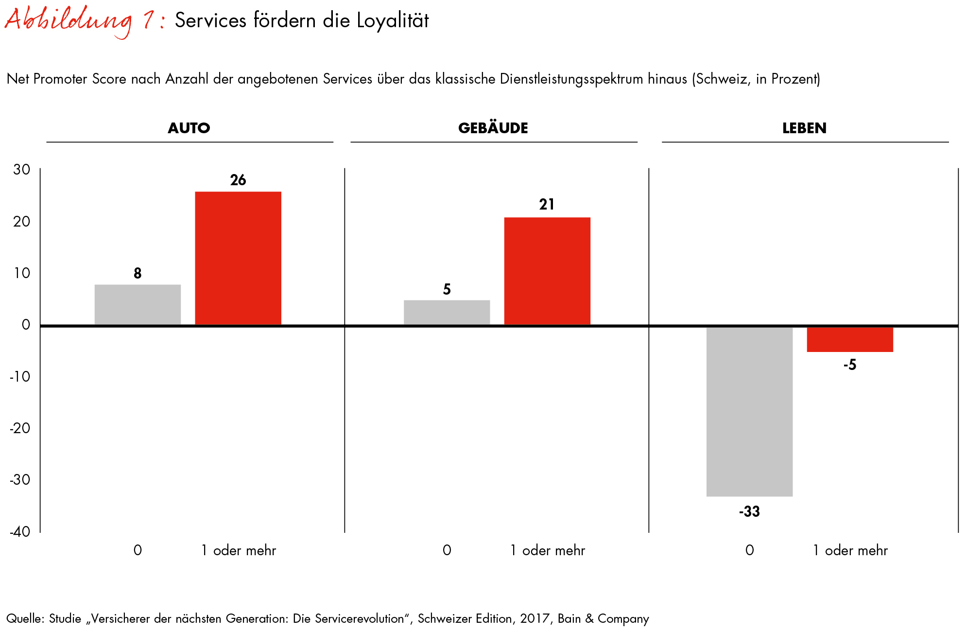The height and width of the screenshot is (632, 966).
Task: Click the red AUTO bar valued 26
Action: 238,258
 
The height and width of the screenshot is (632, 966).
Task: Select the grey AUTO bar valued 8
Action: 138,304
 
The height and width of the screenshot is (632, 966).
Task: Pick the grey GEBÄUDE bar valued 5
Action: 447,312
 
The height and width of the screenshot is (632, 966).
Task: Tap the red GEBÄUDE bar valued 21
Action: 547,271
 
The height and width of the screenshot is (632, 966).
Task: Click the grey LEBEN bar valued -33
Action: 749,411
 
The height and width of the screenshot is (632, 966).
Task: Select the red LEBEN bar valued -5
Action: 850,339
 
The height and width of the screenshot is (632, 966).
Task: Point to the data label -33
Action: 749,511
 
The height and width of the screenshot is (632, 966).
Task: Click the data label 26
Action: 238,180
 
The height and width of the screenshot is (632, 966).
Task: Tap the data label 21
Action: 547,205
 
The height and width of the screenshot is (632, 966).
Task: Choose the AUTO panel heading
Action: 189,128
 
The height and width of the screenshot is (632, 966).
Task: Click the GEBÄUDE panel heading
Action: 493,128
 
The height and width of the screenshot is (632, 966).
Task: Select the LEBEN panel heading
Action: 804,128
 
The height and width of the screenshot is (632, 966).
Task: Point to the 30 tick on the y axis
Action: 22,170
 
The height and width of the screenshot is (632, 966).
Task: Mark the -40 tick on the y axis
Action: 20,531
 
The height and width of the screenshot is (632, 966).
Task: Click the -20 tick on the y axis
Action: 20,428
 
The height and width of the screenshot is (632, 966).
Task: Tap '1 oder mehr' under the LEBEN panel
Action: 850,550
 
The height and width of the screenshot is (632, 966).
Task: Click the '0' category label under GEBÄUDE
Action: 447,550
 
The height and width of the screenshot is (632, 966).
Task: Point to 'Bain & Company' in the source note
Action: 603,618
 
